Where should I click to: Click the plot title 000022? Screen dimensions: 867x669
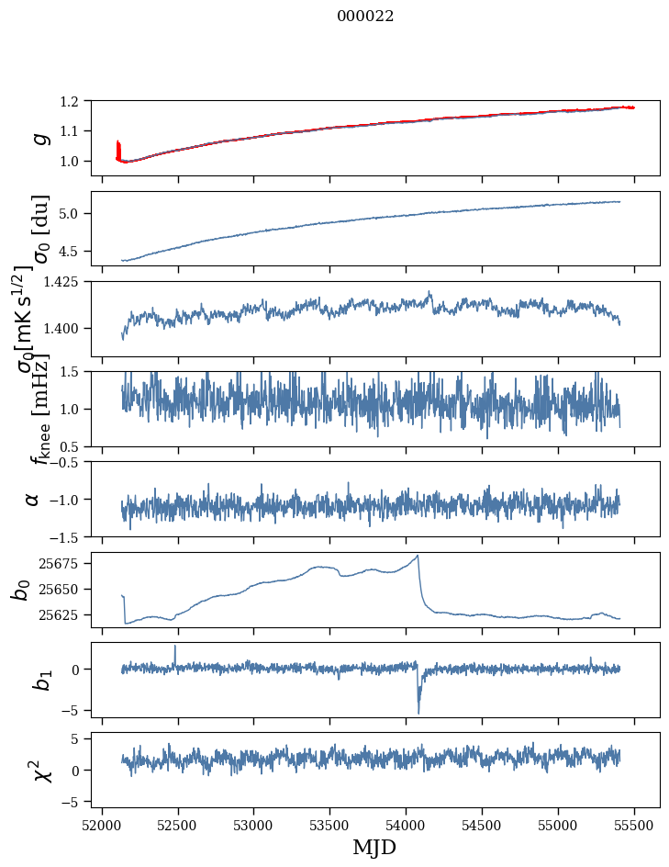(365, 17)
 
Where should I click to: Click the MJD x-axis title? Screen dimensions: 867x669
(374, 847)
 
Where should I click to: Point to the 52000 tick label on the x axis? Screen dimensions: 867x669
(102, 824)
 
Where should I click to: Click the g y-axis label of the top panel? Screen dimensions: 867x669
(39, 138)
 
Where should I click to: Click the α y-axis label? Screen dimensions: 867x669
(33, 499)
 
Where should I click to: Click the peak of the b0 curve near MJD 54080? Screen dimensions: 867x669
(418, 556)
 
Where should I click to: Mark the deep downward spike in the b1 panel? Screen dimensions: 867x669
(418, 712)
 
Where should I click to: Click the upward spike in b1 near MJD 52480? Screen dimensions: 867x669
(175, 646)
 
